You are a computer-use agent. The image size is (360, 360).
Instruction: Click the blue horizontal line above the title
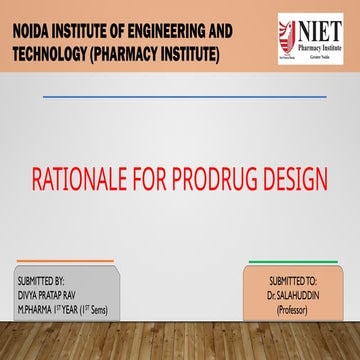(184, 96)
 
